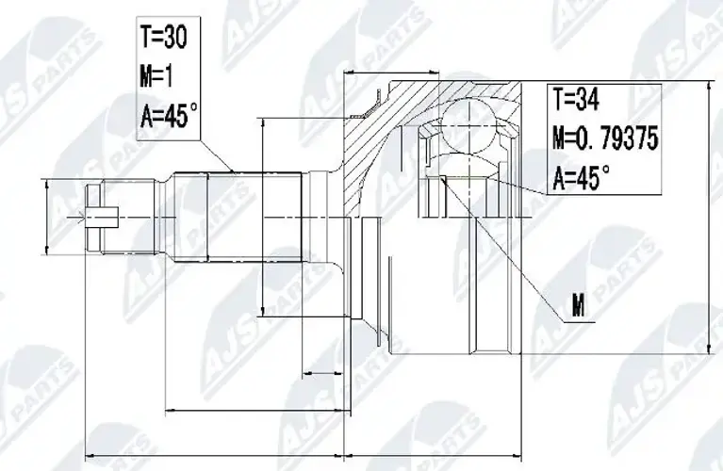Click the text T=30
coord(164,38)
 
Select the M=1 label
coord(156,76)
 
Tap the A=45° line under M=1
coord(169,115)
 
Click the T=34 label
coord(576,99)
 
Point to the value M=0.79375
coord(605,138)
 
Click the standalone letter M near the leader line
coord(578,305)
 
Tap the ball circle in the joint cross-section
coord(468,124)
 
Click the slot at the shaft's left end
coord(102,217)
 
